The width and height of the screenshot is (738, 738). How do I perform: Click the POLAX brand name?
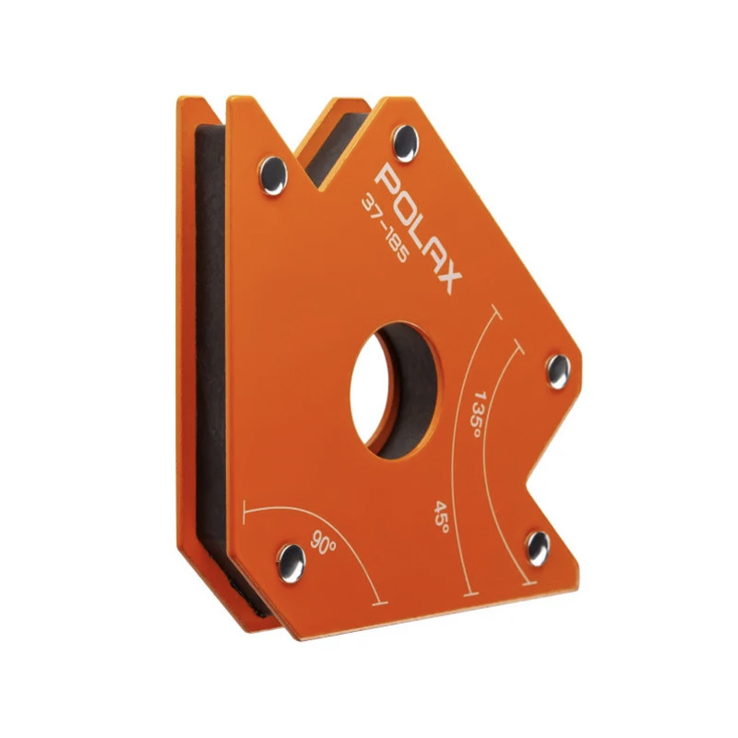(419, 228)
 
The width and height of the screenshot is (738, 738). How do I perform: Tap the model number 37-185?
(384, 229)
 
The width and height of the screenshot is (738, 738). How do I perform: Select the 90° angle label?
(323, 543)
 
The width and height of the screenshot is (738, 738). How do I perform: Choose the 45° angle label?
(441, 517)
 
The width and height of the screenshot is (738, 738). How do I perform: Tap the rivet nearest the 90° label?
(291, 563)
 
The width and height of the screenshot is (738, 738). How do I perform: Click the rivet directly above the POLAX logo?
(405, 144)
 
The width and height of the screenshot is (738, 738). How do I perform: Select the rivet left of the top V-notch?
(273, 175)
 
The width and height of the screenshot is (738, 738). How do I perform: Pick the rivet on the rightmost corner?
(558, 372)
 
